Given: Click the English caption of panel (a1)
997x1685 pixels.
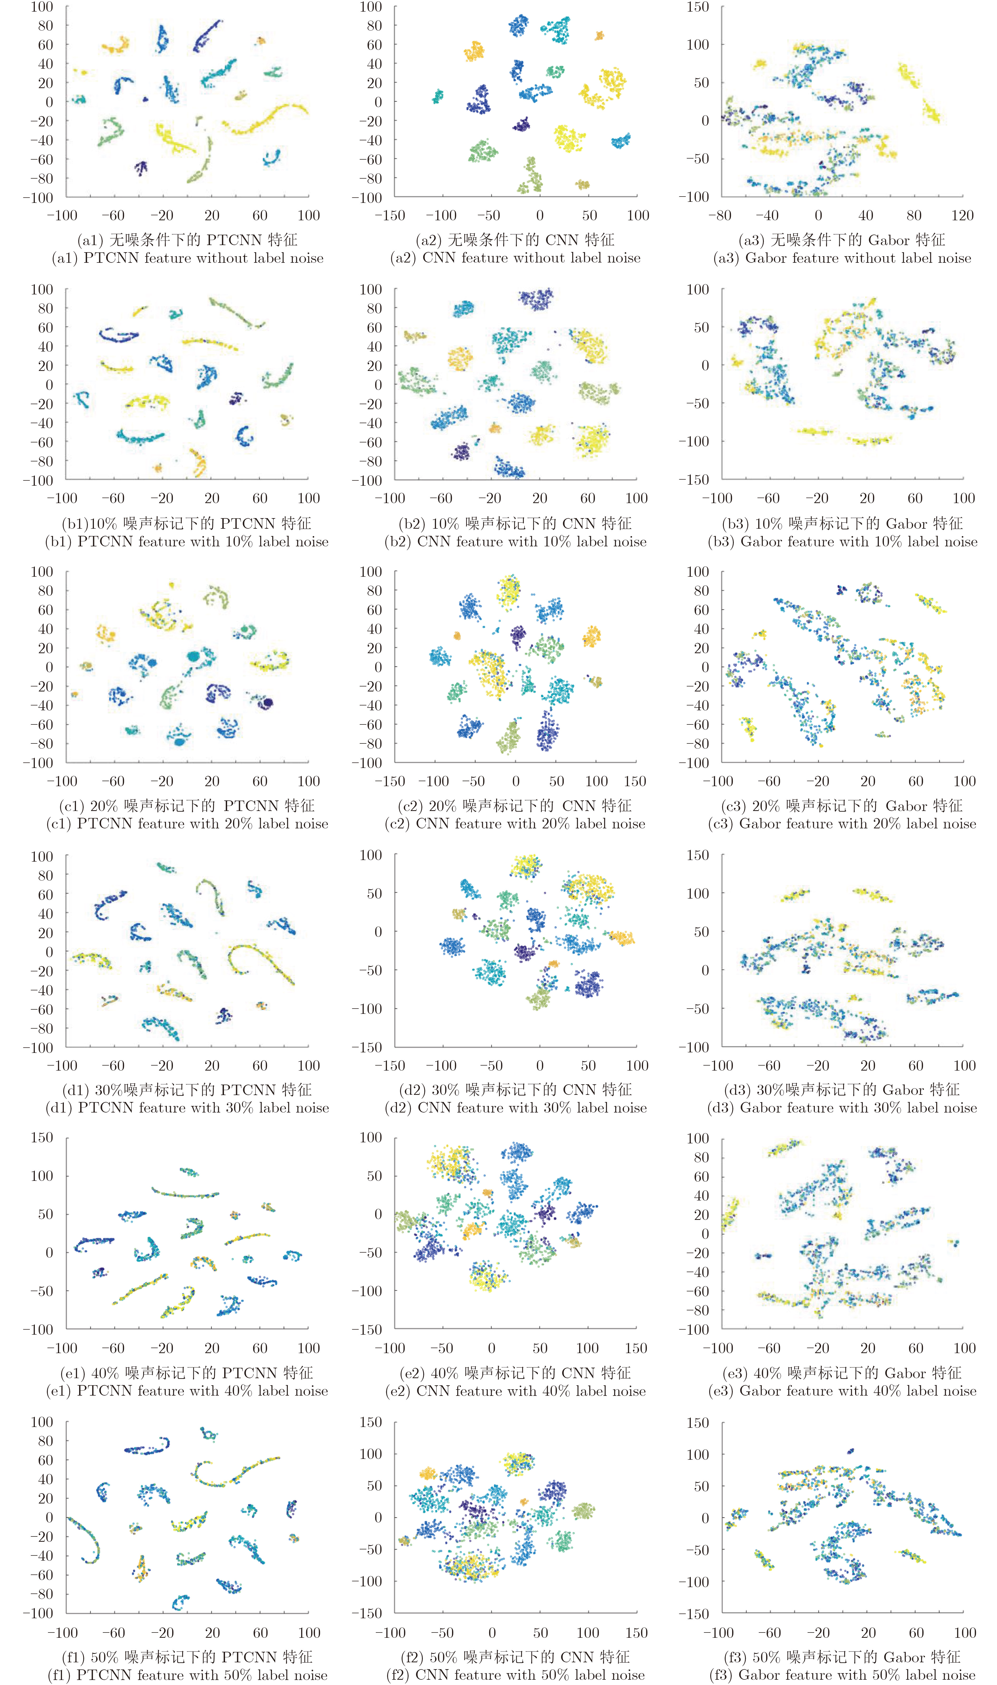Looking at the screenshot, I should point(188,258).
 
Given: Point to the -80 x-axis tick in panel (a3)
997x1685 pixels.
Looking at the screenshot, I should point(720,216).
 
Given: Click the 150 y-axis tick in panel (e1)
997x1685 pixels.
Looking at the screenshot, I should point(42,1137).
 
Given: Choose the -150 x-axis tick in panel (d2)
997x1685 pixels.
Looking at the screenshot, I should point(390,1066).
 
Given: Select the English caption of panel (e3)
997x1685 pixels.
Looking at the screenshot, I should point(842,1391).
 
